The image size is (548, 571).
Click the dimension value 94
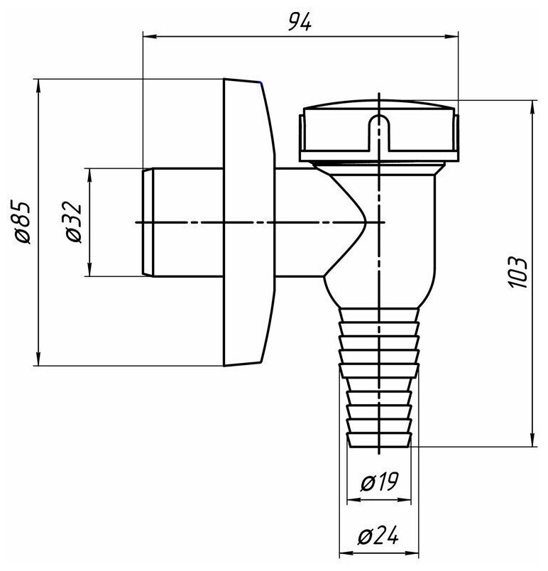pyautogui.click(x=300, y=22)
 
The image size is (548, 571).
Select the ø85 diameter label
pyautogui.click(x=23, y=223)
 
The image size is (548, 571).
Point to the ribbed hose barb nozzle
pyautogui.click(x=380, y=376)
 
